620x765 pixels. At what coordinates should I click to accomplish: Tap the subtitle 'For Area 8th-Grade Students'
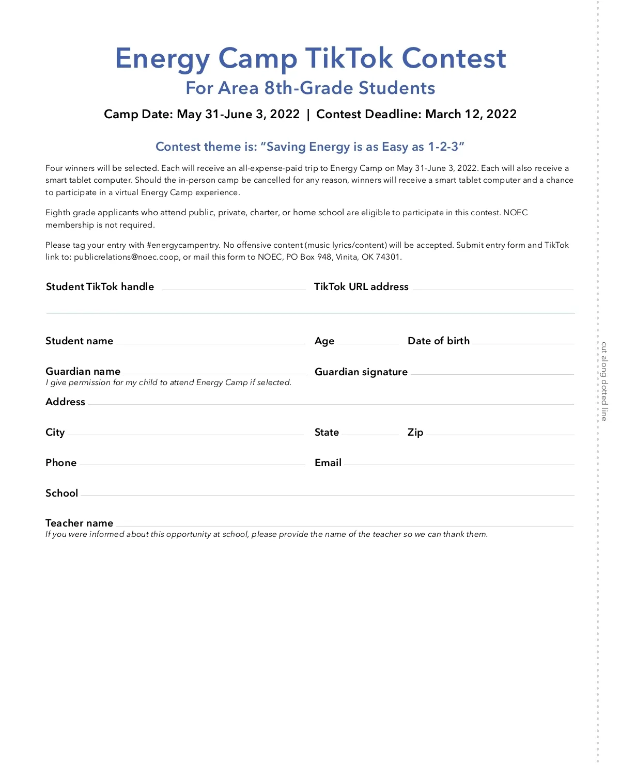click(x=310, y=88)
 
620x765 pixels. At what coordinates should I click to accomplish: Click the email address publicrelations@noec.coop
click(x=127, y=257)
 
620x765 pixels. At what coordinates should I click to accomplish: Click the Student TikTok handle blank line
click(x=234, y=288)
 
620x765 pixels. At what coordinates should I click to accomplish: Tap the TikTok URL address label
click(x=361, y=287)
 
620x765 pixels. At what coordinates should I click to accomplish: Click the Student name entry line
click(x=210, y=342)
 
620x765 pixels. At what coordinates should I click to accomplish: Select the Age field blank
click(x=367, y=342)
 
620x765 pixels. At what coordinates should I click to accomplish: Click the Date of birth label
click(x=439, y=341)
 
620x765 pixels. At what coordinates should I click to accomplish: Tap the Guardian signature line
click(x=492, y=372)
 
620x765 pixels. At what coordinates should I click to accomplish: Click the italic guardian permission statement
click(x=168, y=383)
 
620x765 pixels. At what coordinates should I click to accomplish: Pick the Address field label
click(x=65, y=402)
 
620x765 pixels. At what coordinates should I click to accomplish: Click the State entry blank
click(x=370, y=433)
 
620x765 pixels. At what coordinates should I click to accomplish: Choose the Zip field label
click(x=415, y=433)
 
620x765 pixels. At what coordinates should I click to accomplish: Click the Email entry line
click(x=459, y=463)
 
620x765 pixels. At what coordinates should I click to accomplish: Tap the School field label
click(x=61, y=493)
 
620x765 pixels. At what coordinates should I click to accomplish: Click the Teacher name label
click(x=79, y=523)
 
